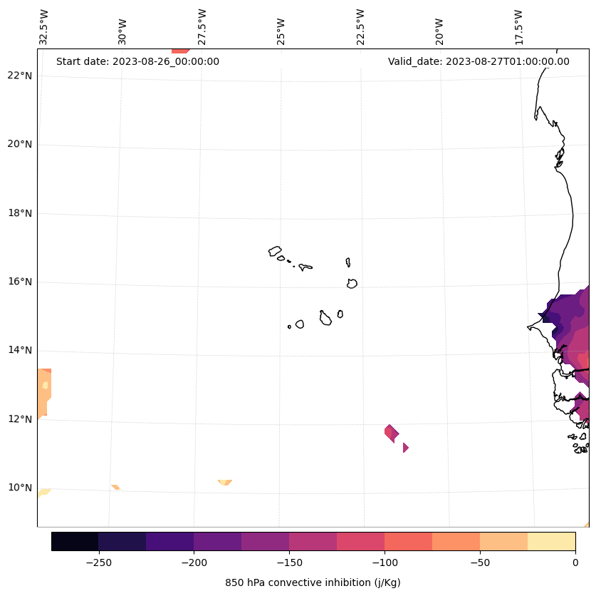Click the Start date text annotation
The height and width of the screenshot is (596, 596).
coord(137,61)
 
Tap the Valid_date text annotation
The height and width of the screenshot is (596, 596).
coord(479,61)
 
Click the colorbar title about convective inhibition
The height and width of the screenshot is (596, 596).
coord(313,582)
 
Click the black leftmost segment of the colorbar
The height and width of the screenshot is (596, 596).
coord(75,541)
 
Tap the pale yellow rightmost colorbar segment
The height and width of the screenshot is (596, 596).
coord(551,541)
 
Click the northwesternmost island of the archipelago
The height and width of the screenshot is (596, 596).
coord(275,251)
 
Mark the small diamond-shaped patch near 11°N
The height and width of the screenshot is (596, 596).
coord(405,448)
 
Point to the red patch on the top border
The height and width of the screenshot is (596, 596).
coord(180,51)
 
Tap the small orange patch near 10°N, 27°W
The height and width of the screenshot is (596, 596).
coord(225,483)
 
